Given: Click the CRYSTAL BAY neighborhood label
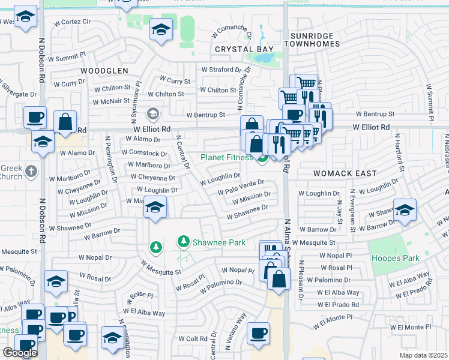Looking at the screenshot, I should pyautogui.click(x=244, y=49).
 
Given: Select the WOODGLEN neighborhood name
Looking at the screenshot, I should pyautogui.click(x=104, y=71).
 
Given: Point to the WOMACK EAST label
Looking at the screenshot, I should pyautogui.click(x=345, y=173).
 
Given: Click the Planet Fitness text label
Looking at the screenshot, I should pyautogui.click(x=226, y=158).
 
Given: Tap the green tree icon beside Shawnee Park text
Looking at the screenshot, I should pyautogui.click(x=184, y=242).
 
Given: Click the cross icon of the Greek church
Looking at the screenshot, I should pyautogui.click(x=32, y=172).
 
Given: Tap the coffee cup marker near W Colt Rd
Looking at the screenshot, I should pyautogui.click(x=258, y=333).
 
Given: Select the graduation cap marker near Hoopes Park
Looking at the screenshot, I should pyautogui.click(x=405, y=210).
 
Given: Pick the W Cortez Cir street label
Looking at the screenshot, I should pyautogui.click(x=74, y=22).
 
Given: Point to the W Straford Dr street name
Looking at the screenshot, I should pyautogui.click(x=221, y=70).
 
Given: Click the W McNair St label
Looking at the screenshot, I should pyautogui.click(x=112, y=101).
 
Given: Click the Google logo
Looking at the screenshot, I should pyautogui.click(x=20, y=352).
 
